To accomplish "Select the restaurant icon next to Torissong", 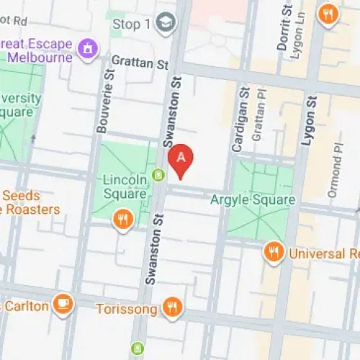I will click(x=172, y=308).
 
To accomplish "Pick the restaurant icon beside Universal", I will click(x=273, y=251).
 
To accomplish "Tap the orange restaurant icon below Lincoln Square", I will click(x=122, y=219).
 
